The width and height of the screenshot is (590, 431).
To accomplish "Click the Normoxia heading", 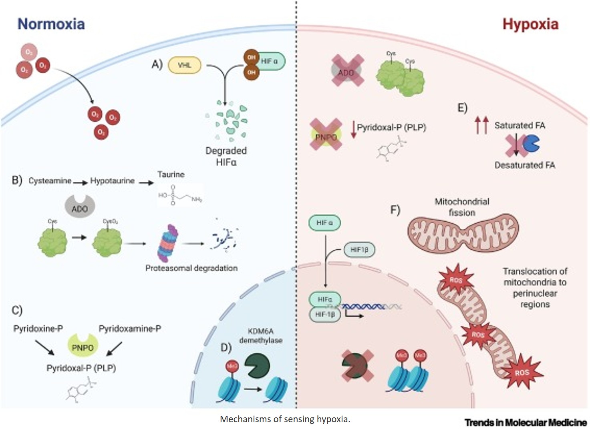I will (x=51, y=24).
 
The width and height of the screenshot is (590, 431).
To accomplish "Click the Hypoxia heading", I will (x=530, y=24).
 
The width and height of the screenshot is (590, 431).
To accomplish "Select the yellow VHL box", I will (x=184, y=65).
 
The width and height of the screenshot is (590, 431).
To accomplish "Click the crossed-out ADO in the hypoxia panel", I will (x=347, y=71).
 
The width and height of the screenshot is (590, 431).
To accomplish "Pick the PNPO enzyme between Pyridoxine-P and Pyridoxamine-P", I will (x=83, y=347).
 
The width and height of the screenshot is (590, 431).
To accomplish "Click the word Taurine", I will (x=171, y=174).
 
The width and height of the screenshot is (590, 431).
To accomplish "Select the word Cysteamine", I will (x=50, y=181).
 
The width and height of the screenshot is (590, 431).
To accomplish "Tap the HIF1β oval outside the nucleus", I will (x=359, y=250).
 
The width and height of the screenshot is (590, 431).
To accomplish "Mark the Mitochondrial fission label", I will (x=462, y=207).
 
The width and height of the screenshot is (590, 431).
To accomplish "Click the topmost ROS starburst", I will (x=456, y=279).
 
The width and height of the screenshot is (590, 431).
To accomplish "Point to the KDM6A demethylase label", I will (x=260, y=336).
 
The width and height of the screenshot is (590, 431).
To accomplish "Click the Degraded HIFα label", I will (x=226, y=156).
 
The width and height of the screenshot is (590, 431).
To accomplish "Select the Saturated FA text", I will (x=520, y=126).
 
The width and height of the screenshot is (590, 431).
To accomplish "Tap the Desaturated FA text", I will (x=525, y=165).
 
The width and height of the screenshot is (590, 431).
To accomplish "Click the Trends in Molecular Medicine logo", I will (x=526, y=422).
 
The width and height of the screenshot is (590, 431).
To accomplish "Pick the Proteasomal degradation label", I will (x=191, y=268).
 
